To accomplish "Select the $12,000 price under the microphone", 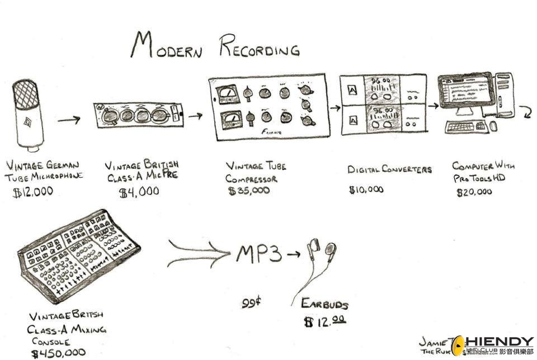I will [x=33, y=192].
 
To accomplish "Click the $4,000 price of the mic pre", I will [x=139, y=192].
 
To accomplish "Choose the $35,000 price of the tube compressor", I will [x=249, y=191].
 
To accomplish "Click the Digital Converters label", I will [x=389, y=169].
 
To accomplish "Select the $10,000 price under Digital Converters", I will [x=366, y=190].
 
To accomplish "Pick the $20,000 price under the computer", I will [x=474, y=192].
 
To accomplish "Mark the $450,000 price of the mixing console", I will [x=59, y=353].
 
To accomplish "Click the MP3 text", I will [x=258, y=254].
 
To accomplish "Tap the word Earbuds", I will [x=324, y=304].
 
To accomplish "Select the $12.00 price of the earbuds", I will [x=324, y=322].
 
